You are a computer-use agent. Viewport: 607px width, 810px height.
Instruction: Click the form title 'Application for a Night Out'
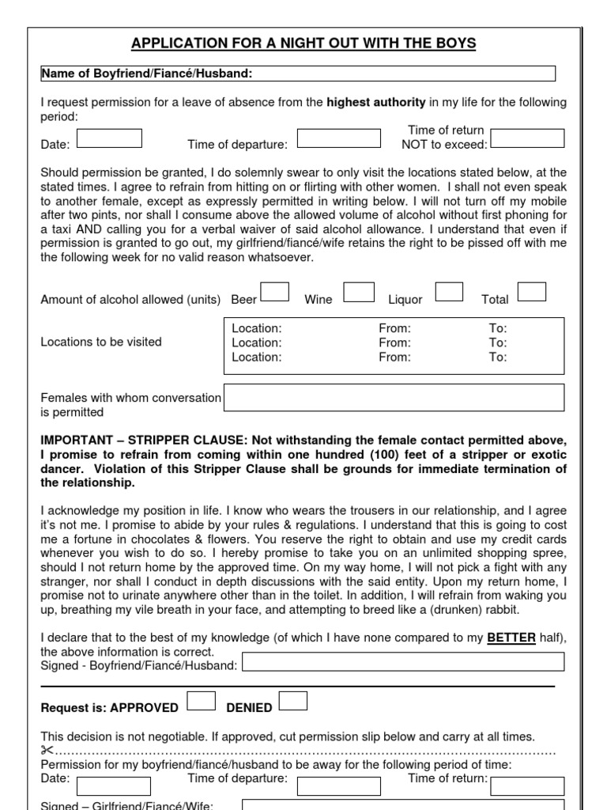click(303, 43)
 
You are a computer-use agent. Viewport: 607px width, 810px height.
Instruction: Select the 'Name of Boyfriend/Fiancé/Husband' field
click(299, 74)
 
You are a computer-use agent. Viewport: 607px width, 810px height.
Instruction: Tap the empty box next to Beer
click(274, 293)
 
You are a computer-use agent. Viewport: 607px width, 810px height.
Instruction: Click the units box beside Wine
click(359, 293)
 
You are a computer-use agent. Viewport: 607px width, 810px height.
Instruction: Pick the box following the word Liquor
click(449, 293)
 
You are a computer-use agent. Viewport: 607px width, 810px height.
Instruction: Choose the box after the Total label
click(531, 293)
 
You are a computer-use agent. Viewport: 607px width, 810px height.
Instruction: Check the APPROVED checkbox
click(201, 701)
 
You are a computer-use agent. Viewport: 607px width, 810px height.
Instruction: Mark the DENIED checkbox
click(293, 701)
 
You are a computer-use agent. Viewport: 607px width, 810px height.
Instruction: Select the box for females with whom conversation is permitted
click(394, 398)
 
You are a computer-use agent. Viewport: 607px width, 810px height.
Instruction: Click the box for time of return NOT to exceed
click(527, 138)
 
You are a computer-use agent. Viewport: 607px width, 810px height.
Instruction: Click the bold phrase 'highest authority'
click(375, 102)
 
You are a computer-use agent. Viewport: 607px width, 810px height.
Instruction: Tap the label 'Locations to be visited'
click(101, 342)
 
